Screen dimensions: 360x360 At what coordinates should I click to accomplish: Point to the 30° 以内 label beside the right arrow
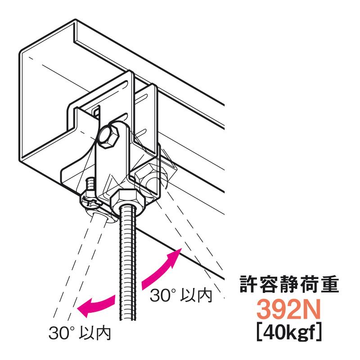click(x=180, y=295)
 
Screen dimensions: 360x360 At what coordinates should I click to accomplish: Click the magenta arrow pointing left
click(x=97, y=304)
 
